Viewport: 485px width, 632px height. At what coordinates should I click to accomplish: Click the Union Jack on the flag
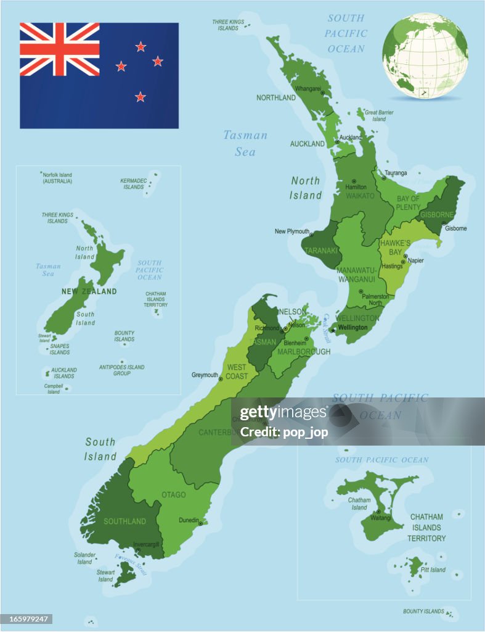point(59,49)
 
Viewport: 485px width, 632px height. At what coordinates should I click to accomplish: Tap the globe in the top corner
point(425,56)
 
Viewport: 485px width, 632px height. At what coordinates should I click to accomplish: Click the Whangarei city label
point(308,89)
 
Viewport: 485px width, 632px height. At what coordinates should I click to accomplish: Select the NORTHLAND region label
point(276,98)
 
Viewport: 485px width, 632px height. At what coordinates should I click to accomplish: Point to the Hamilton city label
point(356,186)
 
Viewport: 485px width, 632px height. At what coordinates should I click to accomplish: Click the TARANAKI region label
point(321,251)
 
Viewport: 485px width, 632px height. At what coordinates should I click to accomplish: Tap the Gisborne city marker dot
point(443,223)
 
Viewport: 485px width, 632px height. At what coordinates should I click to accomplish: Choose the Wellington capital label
point(353,328)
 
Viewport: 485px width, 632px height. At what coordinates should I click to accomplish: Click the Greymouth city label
point(205,375)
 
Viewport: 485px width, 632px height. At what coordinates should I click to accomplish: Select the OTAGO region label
point(174,494)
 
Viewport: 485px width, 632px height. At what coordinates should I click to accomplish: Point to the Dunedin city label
point(189,520)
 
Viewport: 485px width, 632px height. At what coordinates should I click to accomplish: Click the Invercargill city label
point(146,544)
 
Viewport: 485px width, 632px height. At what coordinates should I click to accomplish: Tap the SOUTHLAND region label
point(124,522)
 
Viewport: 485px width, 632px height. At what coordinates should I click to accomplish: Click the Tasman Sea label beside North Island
point(245,143)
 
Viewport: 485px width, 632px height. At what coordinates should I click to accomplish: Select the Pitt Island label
point(433,570)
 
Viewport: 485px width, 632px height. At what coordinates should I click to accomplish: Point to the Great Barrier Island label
point(379,115)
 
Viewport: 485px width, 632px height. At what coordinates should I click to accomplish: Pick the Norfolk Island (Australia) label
point(57,178)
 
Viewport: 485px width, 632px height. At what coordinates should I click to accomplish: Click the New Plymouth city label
point(292,231)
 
